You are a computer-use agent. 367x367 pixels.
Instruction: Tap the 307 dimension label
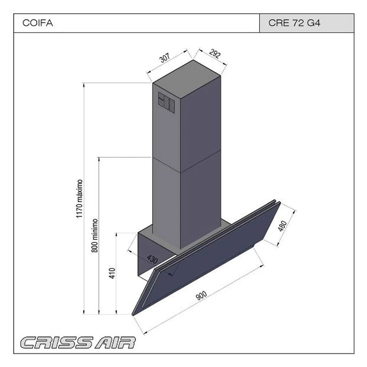point(165,58)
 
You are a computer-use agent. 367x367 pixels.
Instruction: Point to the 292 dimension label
point(215,54)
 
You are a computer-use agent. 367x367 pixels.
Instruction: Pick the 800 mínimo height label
point(95,234)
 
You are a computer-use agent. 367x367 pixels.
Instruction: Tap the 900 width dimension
point(200,297)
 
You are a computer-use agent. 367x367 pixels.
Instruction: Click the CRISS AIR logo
point(78,342)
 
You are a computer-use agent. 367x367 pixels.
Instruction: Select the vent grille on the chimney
point(166,102)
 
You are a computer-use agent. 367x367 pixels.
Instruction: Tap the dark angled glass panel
point(206,257)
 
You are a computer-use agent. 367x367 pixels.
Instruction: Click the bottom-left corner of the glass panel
point(133,314)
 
